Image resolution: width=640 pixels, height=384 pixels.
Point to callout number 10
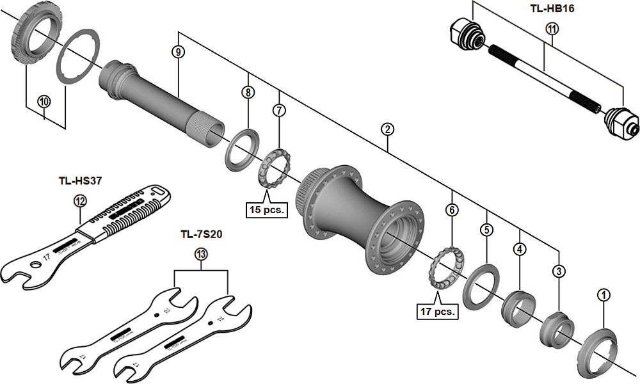coord(44,101)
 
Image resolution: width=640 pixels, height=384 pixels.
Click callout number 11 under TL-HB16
coord(552,28)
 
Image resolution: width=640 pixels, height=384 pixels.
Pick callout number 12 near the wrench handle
coord(80,201)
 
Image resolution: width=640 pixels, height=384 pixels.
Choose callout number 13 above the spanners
coord(201,255)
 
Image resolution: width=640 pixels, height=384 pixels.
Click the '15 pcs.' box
coord(266,209)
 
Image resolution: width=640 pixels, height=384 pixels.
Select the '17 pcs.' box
coord(437,312)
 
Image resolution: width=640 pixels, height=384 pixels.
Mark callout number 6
coord(452,209)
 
